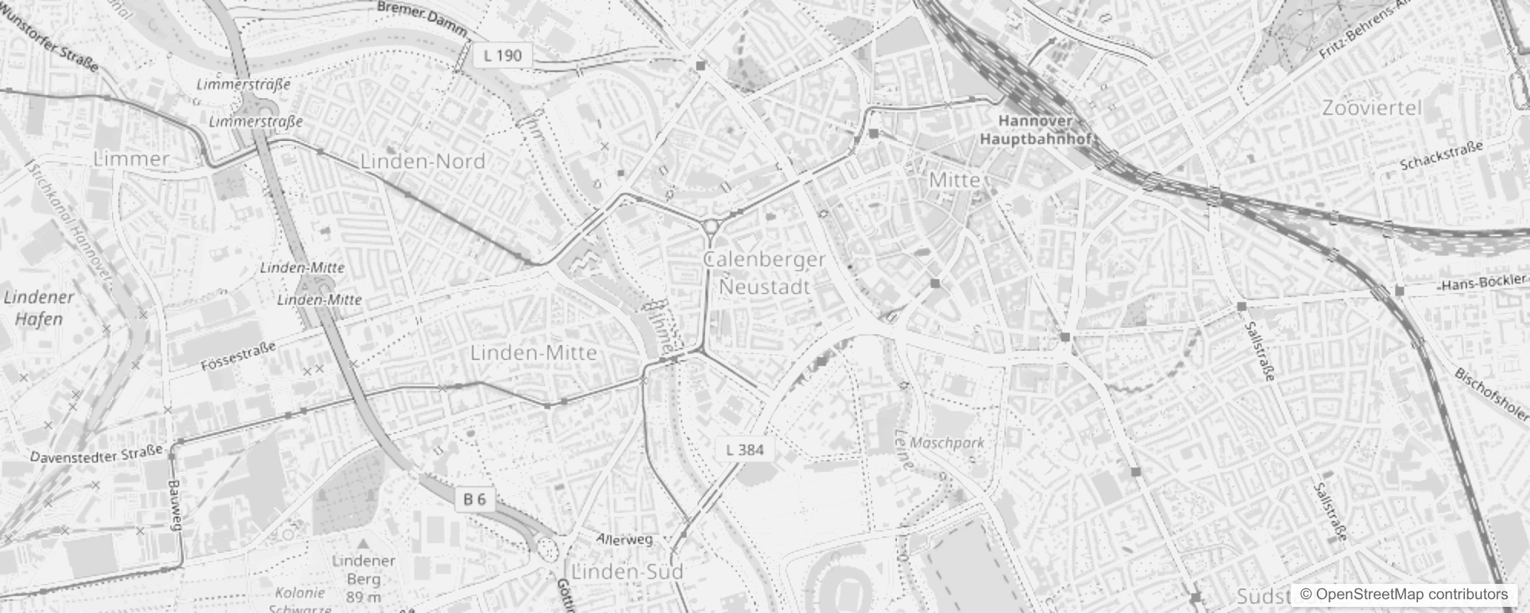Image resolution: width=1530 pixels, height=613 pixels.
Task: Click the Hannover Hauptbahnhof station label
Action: pyautogui.click(x=1036, y=130)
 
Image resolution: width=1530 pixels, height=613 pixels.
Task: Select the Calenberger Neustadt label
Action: pyautogui.click(x=764, y=273)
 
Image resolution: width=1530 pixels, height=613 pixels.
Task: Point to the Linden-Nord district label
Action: pyautogui.click(x=422, y=161)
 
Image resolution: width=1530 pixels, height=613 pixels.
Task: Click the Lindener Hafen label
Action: pyautogui.click(x=38, y=307)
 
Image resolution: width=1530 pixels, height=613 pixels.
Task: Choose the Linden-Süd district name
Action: pyautogui.click(x=627, y=572)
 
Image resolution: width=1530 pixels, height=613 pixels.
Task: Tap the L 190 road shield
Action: pyautogui.click(x=503, y=55)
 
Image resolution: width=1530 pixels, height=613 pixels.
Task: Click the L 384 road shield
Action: pyautogui.click(x=744, y=450)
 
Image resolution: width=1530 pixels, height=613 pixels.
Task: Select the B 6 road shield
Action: pyautogui.click(x=474, y=500)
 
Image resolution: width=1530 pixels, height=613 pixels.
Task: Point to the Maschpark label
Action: pyautogui.click(x=947, y=442)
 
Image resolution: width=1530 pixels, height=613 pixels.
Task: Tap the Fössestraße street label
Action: pyautogui.click(x=238, y=357)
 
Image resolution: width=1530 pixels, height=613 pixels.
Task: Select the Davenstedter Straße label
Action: pyautogui.click(x=97, y=454)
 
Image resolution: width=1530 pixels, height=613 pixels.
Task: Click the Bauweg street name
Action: pyautogui.click(x=176, y=505)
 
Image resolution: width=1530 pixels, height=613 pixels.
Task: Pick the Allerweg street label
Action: pyautogui.click(x=625, y=539)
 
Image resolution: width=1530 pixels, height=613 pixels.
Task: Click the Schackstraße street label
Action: pyautogui.click(x=1441, y=156)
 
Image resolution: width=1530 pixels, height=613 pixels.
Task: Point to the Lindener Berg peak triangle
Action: pyautogui.click(x=363, y=543)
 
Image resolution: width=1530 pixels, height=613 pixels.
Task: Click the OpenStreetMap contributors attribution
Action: pyautogui.click(x=1404, y=594)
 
